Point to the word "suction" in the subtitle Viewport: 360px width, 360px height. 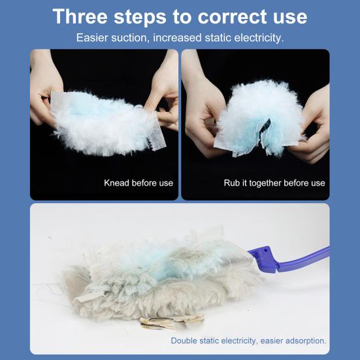[129, 37]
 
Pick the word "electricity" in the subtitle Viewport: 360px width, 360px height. [256, 37]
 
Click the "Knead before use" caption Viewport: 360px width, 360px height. [139, 183]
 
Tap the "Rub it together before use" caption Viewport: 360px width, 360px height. [274, 183]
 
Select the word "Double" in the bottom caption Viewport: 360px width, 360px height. [186, 340]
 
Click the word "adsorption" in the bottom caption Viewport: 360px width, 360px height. [303, 340]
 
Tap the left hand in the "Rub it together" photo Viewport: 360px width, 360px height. [203, 111]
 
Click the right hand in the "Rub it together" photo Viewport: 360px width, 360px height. [314, 118]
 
